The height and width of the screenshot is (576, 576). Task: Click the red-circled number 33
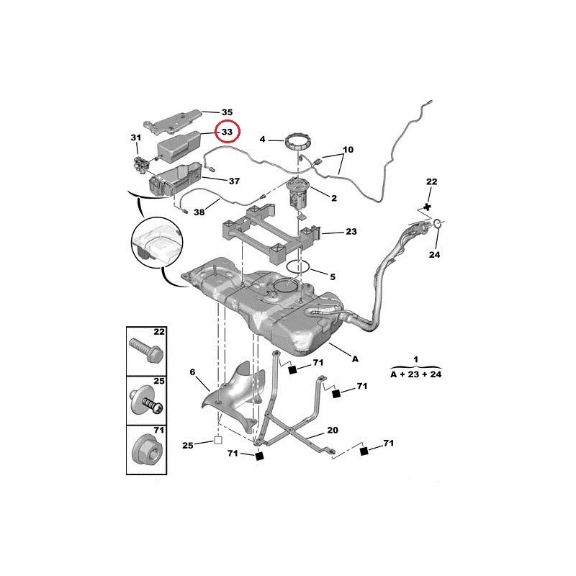coord(227,132)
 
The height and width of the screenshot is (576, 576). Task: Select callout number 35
coord(227,112)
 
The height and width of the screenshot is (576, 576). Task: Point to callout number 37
coord(233,181)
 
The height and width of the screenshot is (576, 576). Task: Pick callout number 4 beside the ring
coord(264,139)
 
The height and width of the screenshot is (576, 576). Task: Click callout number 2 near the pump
coord(335,197)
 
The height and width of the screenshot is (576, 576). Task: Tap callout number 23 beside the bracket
coord(351,232)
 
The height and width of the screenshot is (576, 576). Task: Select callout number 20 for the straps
coord(332,430)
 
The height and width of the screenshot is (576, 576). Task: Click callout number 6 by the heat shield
coord(193,372)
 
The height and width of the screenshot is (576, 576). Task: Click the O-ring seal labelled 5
coord(299,266)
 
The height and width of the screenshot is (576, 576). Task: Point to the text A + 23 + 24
coord(415,374)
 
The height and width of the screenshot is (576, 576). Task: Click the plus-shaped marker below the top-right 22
coord(428,207)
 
